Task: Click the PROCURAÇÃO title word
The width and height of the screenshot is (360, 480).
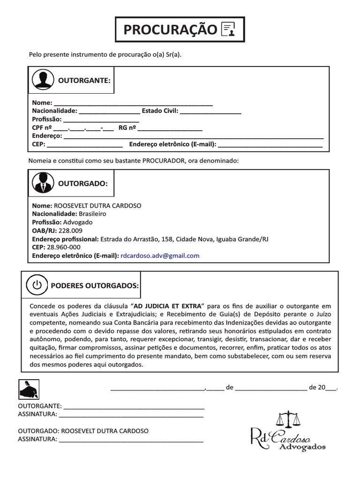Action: [170, 30]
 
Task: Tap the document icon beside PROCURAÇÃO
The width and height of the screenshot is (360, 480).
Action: [228, 30]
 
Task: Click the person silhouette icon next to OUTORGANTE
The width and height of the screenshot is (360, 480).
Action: [43, 80]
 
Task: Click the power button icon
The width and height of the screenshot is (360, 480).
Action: [37, 285]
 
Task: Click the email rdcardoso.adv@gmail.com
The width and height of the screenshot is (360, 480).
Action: [160, 255]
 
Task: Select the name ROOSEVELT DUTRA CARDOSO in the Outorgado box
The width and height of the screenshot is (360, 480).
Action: [98, 205]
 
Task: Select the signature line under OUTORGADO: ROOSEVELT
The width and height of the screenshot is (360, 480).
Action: [131, 441]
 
